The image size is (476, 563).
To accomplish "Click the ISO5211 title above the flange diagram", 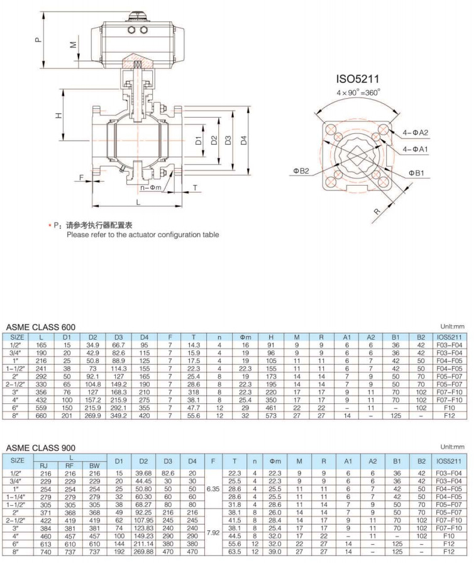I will tap(359, 80).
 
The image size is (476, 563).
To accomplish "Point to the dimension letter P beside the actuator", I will tap(38, 40).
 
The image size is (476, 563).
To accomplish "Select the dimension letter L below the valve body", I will tap(138, 202).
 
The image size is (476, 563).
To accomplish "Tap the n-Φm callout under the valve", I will tap(151, 187).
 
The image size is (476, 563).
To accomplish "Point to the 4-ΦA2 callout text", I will tap(416, 133).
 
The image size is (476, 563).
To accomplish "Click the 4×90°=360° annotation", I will tap(359, 92).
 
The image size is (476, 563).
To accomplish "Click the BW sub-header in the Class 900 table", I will tap(94, 465).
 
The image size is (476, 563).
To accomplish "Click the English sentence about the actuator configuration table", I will tap(143, 235).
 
